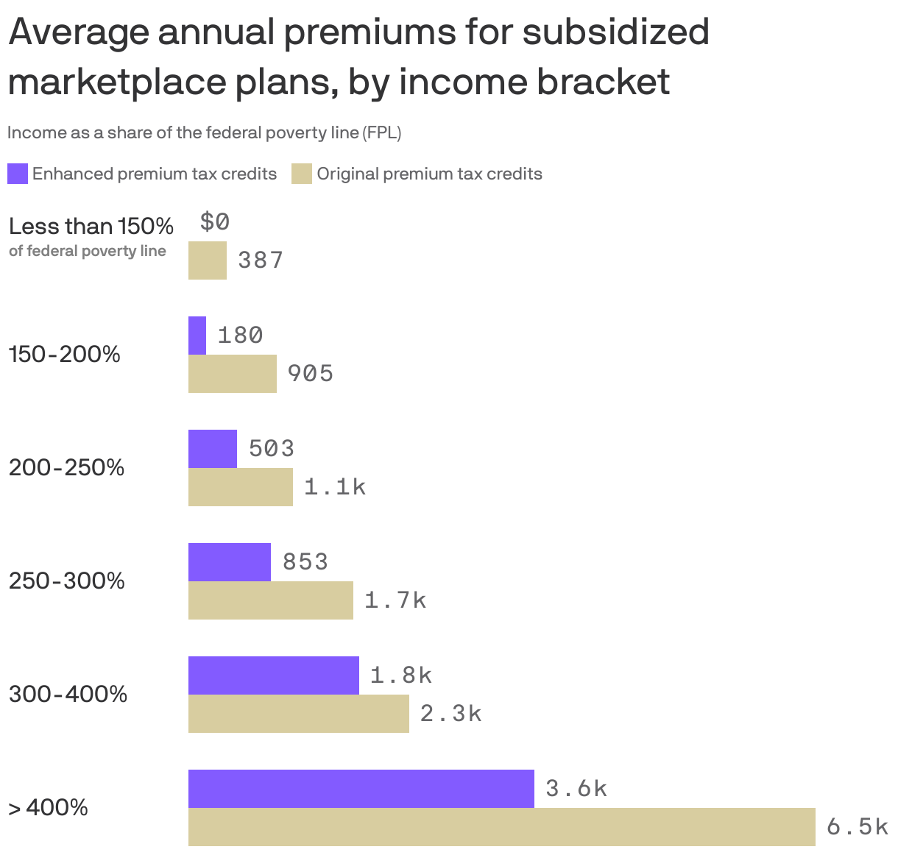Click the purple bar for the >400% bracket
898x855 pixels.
click(361, 789)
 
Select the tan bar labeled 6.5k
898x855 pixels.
click(501, 827)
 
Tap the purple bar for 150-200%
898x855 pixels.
click(197, 336)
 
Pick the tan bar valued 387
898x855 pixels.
click(208, 260)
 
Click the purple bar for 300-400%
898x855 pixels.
click(273, 675)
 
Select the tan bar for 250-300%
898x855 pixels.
click(270, 600)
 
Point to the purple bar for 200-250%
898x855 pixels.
click(213, 449)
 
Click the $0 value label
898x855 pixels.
click(214, 221)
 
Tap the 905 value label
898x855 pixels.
click(310, 374)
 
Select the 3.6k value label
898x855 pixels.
click(576, 789)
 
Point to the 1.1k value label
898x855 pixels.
click(335, 487)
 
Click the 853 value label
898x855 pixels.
click(305, 562)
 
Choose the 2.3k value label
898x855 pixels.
click(451, 714)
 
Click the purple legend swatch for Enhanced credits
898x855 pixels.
click(18, 174)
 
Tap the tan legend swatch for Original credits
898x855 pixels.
click(302, 174)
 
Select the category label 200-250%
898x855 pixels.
click(66, 468)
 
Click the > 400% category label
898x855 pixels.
click(49, 808)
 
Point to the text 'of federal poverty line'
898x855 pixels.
click(88, 251)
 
